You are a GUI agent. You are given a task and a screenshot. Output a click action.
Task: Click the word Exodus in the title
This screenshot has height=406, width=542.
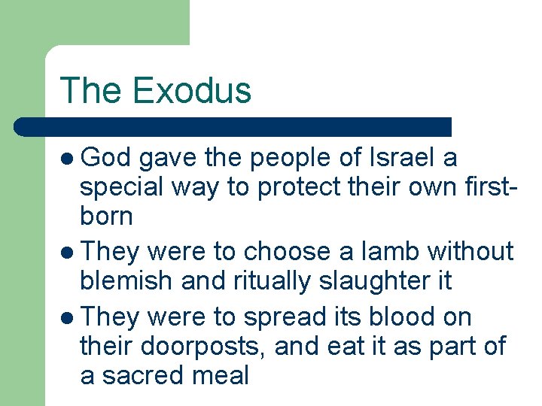coord(191,90)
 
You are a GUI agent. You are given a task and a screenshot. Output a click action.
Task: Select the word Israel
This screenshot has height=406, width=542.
coord(403,158)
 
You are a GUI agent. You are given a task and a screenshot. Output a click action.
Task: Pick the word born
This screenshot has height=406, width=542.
coord(106,217)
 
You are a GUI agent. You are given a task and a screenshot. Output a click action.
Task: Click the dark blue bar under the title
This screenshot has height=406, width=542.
coord(233,126)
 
